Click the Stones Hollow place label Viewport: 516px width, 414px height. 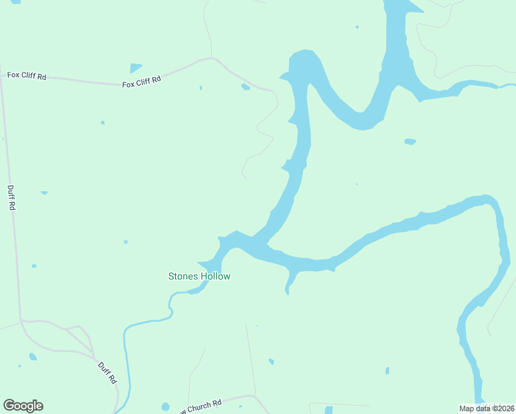click(x=199, y=276)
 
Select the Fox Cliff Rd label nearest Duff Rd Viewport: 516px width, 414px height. click(x=27, y=75)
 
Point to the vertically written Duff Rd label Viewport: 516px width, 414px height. click(x=11, y=198)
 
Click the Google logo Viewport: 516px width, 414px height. click(x=23, y=406)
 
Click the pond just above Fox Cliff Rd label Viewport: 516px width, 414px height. click(x=136, y=68)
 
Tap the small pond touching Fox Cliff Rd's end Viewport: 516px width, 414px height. click(x=245, y=87)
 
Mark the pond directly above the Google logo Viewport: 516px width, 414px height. click(x=32, y=357)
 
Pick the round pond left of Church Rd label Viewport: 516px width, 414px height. click(x=165, y=406)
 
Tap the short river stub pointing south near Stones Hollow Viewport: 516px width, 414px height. click(x=289, y=283)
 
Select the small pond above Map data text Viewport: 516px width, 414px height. click(x=387, y=371)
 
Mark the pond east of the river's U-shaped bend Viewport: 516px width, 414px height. click(x=410, y=141)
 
